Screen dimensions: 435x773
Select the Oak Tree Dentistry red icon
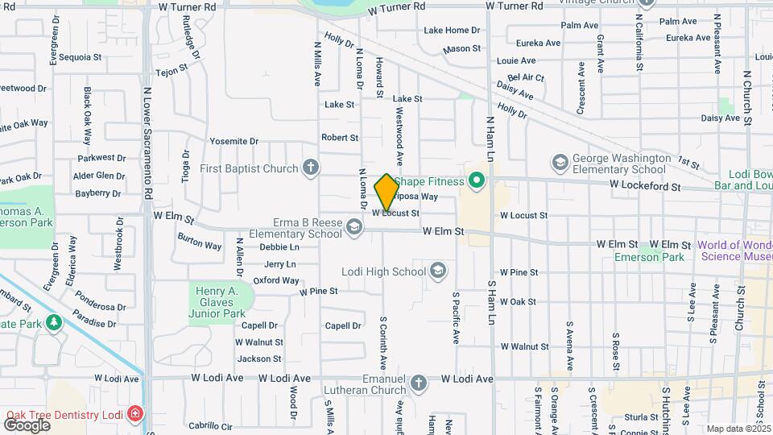coord(135,415)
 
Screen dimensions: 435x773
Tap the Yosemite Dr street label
coord(234,141)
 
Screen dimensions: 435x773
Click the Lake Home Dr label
coord(452,31)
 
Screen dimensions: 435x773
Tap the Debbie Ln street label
coord(279,247)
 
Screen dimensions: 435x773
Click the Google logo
coord(27,425)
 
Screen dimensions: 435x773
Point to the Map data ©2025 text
coord(738,429)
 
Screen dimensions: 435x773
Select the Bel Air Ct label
coord(526,78)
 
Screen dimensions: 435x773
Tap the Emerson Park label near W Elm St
coord(649,256)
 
